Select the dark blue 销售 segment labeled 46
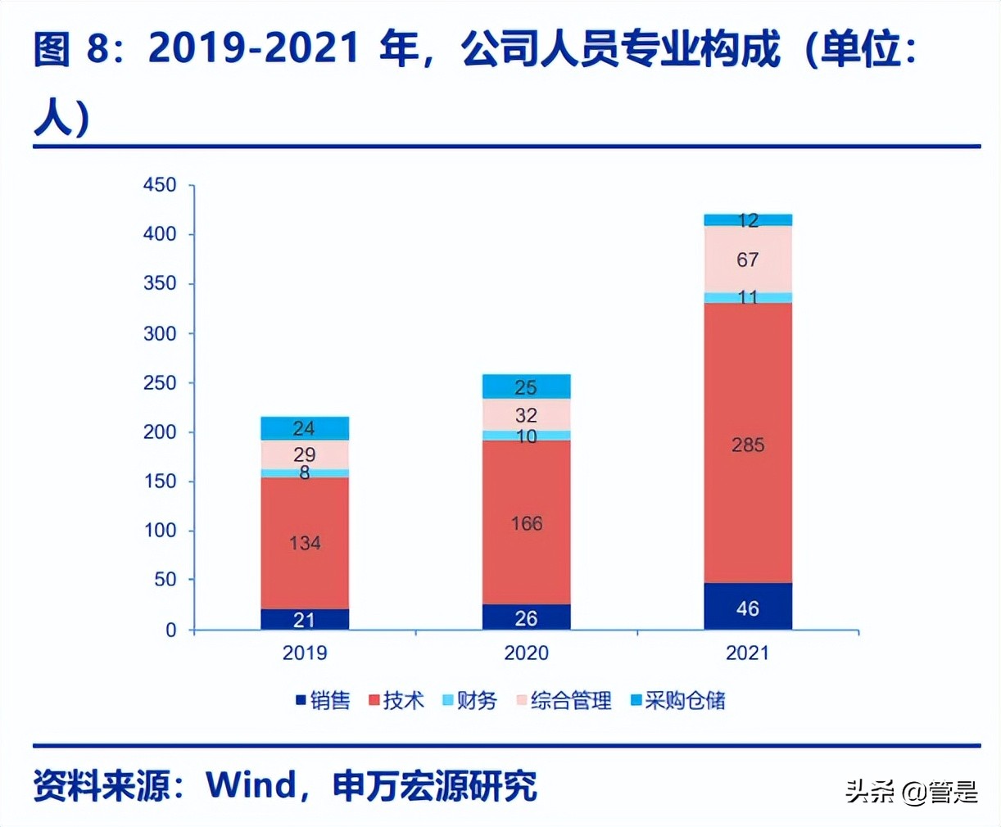pyautogui.click(x=748, y=607)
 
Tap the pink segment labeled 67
pyautogui.click(x=748, y=260)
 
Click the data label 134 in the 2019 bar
pyautogui.click(x=305, y=543)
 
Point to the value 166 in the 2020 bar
pyautogui.click(x=527, y=523)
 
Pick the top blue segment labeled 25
pyautogui.click(x=527, y=386)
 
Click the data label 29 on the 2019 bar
pyautogui.click(x=305, y=454)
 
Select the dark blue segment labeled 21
pyautogui.click(x=305, y=620)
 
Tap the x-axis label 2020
pyautogui.click(x=527, y=653)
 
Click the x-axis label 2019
pyautogui.click(x=305, y=653)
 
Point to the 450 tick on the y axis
pyautogui.click(x=160, y=185)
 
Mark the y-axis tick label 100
pyautogui.click(x=160, y=531)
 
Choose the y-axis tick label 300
pyautogui.click(x=160, y=333)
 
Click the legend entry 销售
pyautogui.click(x=324, y=701)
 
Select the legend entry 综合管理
pyautogui.click(x=564, y=701)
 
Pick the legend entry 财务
pyautogui.click(x=470, y=701)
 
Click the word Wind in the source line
pyautogui.click(x=251, y=785)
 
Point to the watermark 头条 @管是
pyautogui.click(x=912, y=792)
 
